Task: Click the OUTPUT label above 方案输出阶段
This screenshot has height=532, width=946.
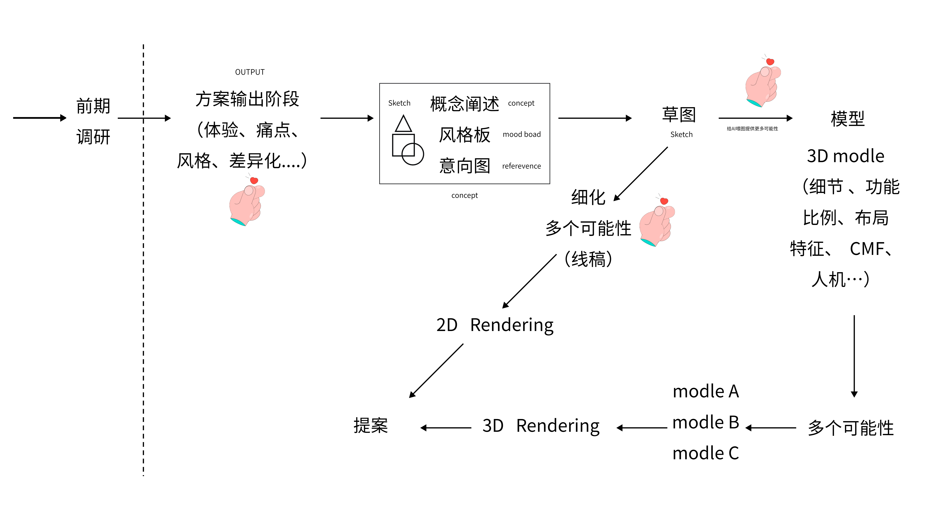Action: tap(250, 72)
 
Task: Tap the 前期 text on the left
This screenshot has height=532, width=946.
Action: tap(93, 106)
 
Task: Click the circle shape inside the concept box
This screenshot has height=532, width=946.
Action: tap(413, 154)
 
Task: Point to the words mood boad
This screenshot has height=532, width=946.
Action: tap(522, 134)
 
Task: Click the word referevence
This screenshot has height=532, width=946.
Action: tap(522, 166)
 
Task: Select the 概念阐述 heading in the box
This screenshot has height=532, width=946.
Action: tap(465, 104)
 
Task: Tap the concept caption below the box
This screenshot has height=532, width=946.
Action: tap(465, 195)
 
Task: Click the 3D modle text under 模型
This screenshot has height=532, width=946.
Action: tap(845, 156)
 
